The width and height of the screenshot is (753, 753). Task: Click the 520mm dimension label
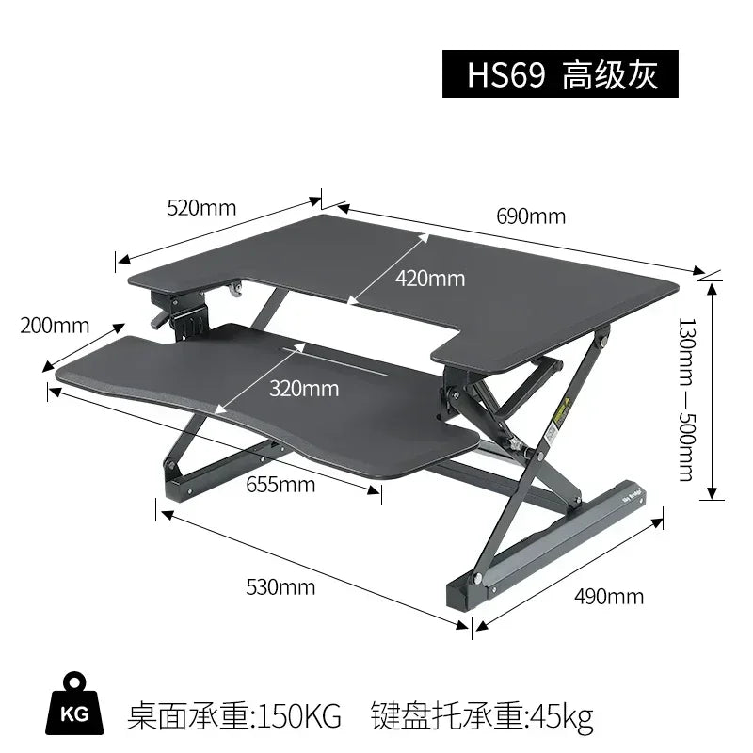pyautogui.click(x=201, y=208)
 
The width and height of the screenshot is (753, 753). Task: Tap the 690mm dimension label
pyautogui.click(x=531, y=216)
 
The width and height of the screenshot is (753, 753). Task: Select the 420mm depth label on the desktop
pyautogui.click(x=430, y=279)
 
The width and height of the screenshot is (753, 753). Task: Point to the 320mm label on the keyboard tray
pyautogui.click(x=303, y=387)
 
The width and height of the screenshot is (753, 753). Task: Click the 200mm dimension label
pyautogui.click(x=55, y=327)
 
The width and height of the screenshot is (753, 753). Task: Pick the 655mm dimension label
pyautogui.click(x=280, y=485)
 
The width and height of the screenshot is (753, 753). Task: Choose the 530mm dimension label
pyautogui.click(x=280, y=588)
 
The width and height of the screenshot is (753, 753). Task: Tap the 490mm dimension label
pyautogui.click(x=609, y=596)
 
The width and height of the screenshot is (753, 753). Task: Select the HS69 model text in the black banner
pyautogui.click(x=506, y=75)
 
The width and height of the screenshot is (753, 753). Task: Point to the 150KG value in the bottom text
pyautogui.click(x=298, y=716)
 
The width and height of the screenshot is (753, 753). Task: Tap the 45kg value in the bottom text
pyautogui.click(x=562, y=716)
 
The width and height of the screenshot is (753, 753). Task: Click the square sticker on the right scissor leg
pyautogui.click(x=550, y=435)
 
